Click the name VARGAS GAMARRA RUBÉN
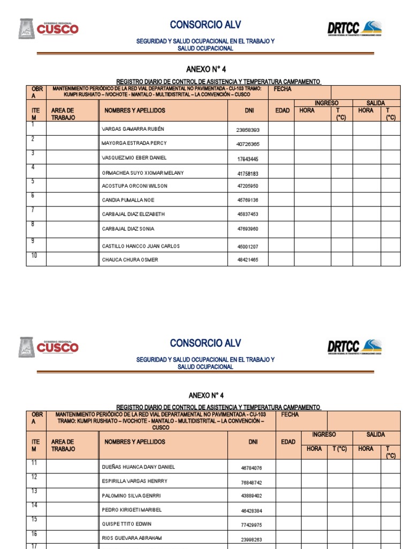click(x=133, y=129)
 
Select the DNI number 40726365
click(x=247, y=144)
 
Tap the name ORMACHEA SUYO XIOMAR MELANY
click(x=142, y=173)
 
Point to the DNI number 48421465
click(x=247, y=260)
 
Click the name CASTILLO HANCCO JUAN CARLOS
click(x=141, y=246)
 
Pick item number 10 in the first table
click(x=34, y=256)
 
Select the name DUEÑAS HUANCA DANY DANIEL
click(x=138, y=467)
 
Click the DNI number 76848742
click(x=251, y=483)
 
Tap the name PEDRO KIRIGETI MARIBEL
click(x=132, y=510)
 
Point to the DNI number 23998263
click(x=251, y=540)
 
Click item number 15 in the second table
click(x=34, y=520)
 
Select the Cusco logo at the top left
click(x=49, y=28)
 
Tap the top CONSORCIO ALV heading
click(x=205, y=25)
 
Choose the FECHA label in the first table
click(x=283, y=89)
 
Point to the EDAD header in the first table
click(x=283, y=110)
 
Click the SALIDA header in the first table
click(x=376, y=103)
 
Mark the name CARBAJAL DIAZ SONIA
click(x=128, y=229)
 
